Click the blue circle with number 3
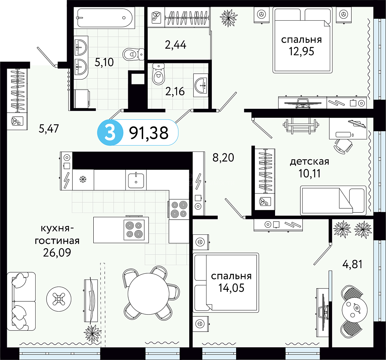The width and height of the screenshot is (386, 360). (110, 133)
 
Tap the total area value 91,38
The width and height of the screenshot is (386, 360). (149, 133)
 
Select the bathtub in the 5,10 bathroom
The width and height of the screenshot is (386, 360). (105, 18)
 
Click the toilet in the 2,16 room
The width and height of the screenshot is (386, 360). (158, 74)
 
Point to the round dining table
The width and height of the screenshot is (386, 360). (148, 294)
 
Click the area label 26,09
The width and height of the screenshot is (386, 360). (57, 252)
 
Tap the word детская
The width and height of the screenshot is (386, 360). (310, 162)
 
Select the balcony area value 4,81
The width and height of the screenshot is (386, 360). (352, 264)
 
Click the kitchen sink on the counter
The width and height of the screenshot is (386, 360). (136, 180)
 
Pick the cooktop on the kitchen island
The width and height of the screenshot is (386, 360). (134, 229)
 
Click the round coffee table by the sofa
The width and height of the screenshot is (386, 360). (59, 299)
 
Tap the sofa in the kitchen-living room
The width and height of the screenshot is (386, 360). (21, 301)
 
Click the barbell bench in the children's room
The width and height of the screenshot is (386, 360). (300, 125)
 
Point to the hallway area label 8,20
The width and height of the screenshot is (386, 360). (223, 157)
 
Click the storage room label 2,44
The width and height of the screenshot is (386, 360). (175, 45)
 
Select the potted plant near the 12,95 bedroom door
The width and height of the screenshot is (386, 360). (229, 18)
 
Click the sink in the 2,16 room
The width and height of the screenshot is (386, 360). (201, 85)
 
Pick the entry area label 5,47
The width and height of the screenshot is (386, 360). (49, 129)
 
